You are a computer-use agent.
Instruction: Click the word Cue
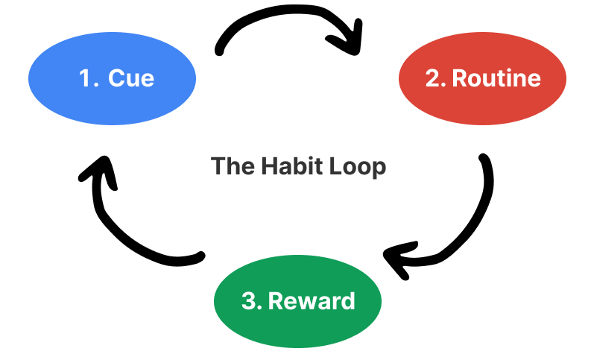[131, 78]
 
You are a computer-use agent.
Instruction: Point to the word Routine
[496, 78]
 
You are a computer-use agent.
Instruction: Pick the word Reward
[312, 302]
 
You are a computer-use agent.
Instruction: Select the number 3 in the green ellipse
[249, 302]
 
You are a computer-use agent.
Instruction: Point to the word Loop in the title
[359, 165]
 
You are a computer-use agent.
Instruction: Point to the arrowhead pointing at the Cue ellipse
[92, 176]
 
